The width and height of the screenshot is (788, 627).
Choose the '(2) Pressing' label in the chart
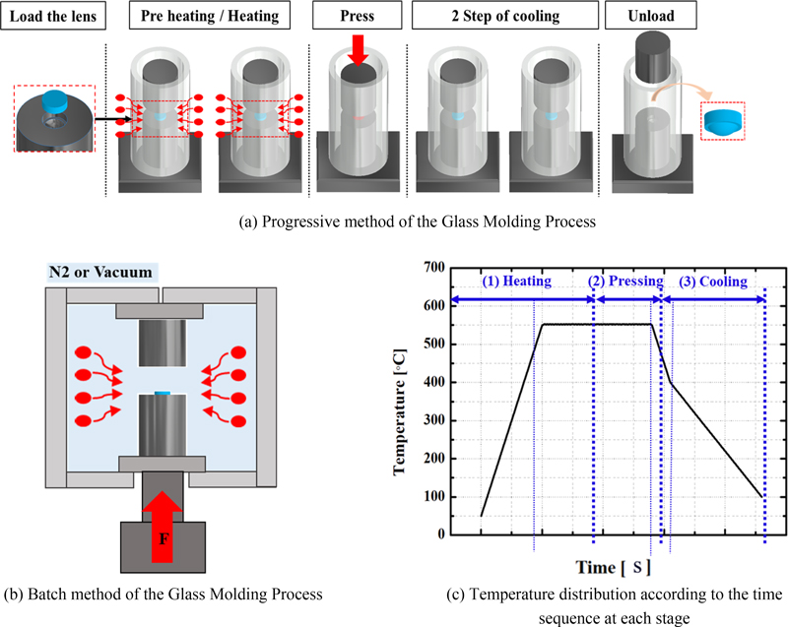[x=624, y=282]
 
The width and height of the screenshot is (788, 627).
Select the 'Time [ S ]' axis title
[x=613, y=567]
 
